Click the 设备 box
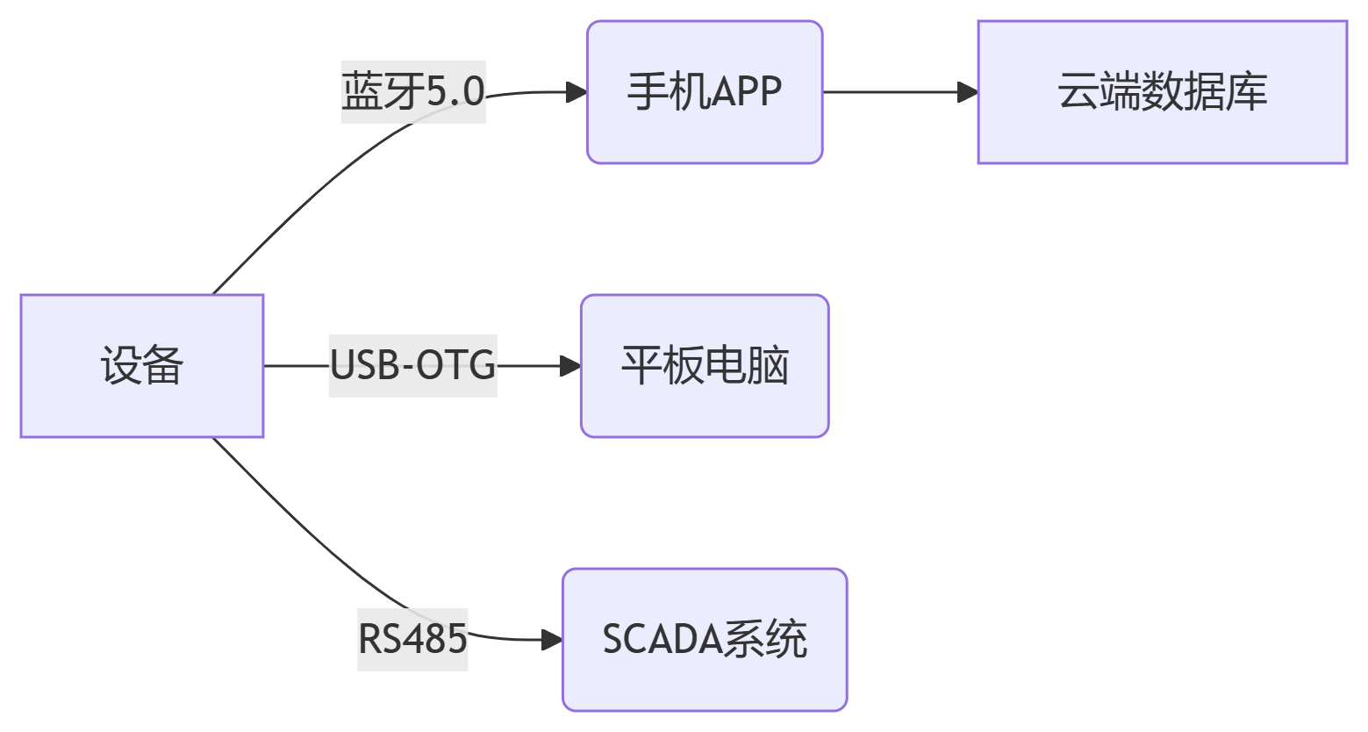coord(142,366)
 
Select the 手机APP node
coord(705,92)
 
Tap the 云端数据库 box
coord(1162,92)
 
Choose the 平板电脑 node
coord(705,366)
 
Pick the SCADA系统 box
coord(705,640)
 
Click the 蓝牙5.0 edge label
coord(412,92)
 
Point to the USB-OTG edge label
coord(412,366)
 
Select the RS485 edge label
coord(412,640)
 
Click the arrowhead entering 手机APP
coord(577,92)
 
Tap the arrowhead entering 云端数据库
coord(968,92)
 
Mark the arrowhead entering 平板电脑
coord(570,366)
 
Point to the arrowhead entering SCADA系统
coord(552,640)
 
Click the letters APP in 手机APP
coord(746,92)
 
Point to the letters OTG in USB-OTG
coord(455,366)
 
